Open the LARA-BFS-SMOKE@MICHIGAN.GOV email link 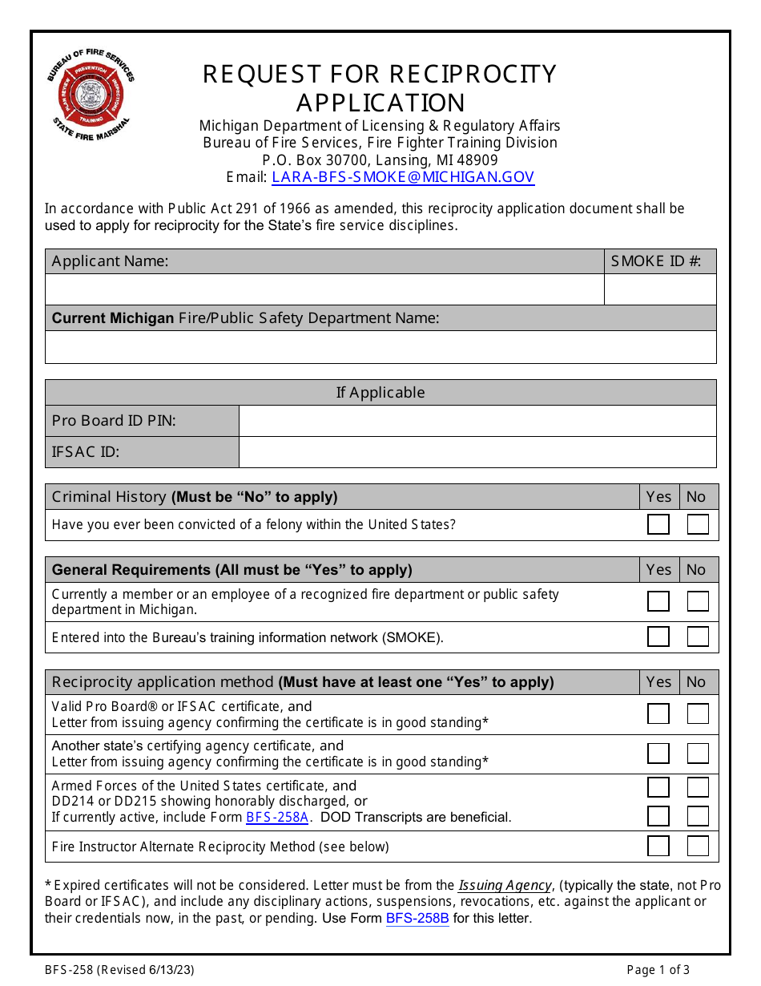coord(402,177)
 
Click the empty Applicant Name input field coord(324,289)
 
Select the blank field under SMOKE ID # coord(660,289)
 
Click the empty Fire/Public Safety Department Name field coord(380,347)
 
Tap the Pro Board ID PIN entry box coord(477,421)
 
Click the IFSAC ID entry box coord(477,452)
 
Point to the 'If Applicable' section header coord(380,392)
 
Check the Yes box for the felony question coord(658,524)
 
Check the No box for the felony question coord(698,524)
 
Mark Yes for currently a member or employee coord(658,601)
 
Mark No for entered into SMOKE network coord(698,636)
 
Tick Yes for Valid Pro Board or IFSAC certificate coord(658,713)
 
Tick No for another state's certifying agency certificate coord(698,754)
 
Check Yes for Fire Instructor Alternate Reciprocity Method coord(658,846)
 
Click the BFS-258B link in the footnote coord(417,919)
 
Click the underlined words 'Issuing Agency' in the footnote coord(505,886)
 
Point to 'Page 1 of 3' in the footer coord(658,970)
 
